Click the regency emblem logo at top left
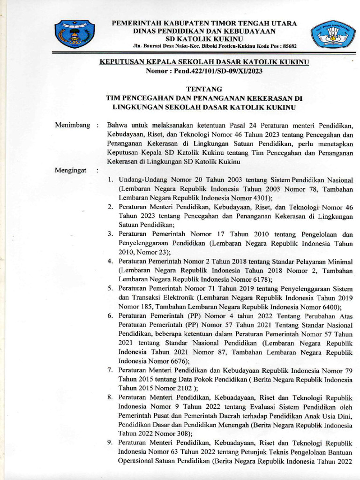[x=75, y=34]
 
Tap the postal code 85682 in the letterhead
[x=288, y=47]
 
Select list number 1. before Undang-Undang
[x=110, y=180]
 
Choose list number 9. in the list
[x=110, y=442]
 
